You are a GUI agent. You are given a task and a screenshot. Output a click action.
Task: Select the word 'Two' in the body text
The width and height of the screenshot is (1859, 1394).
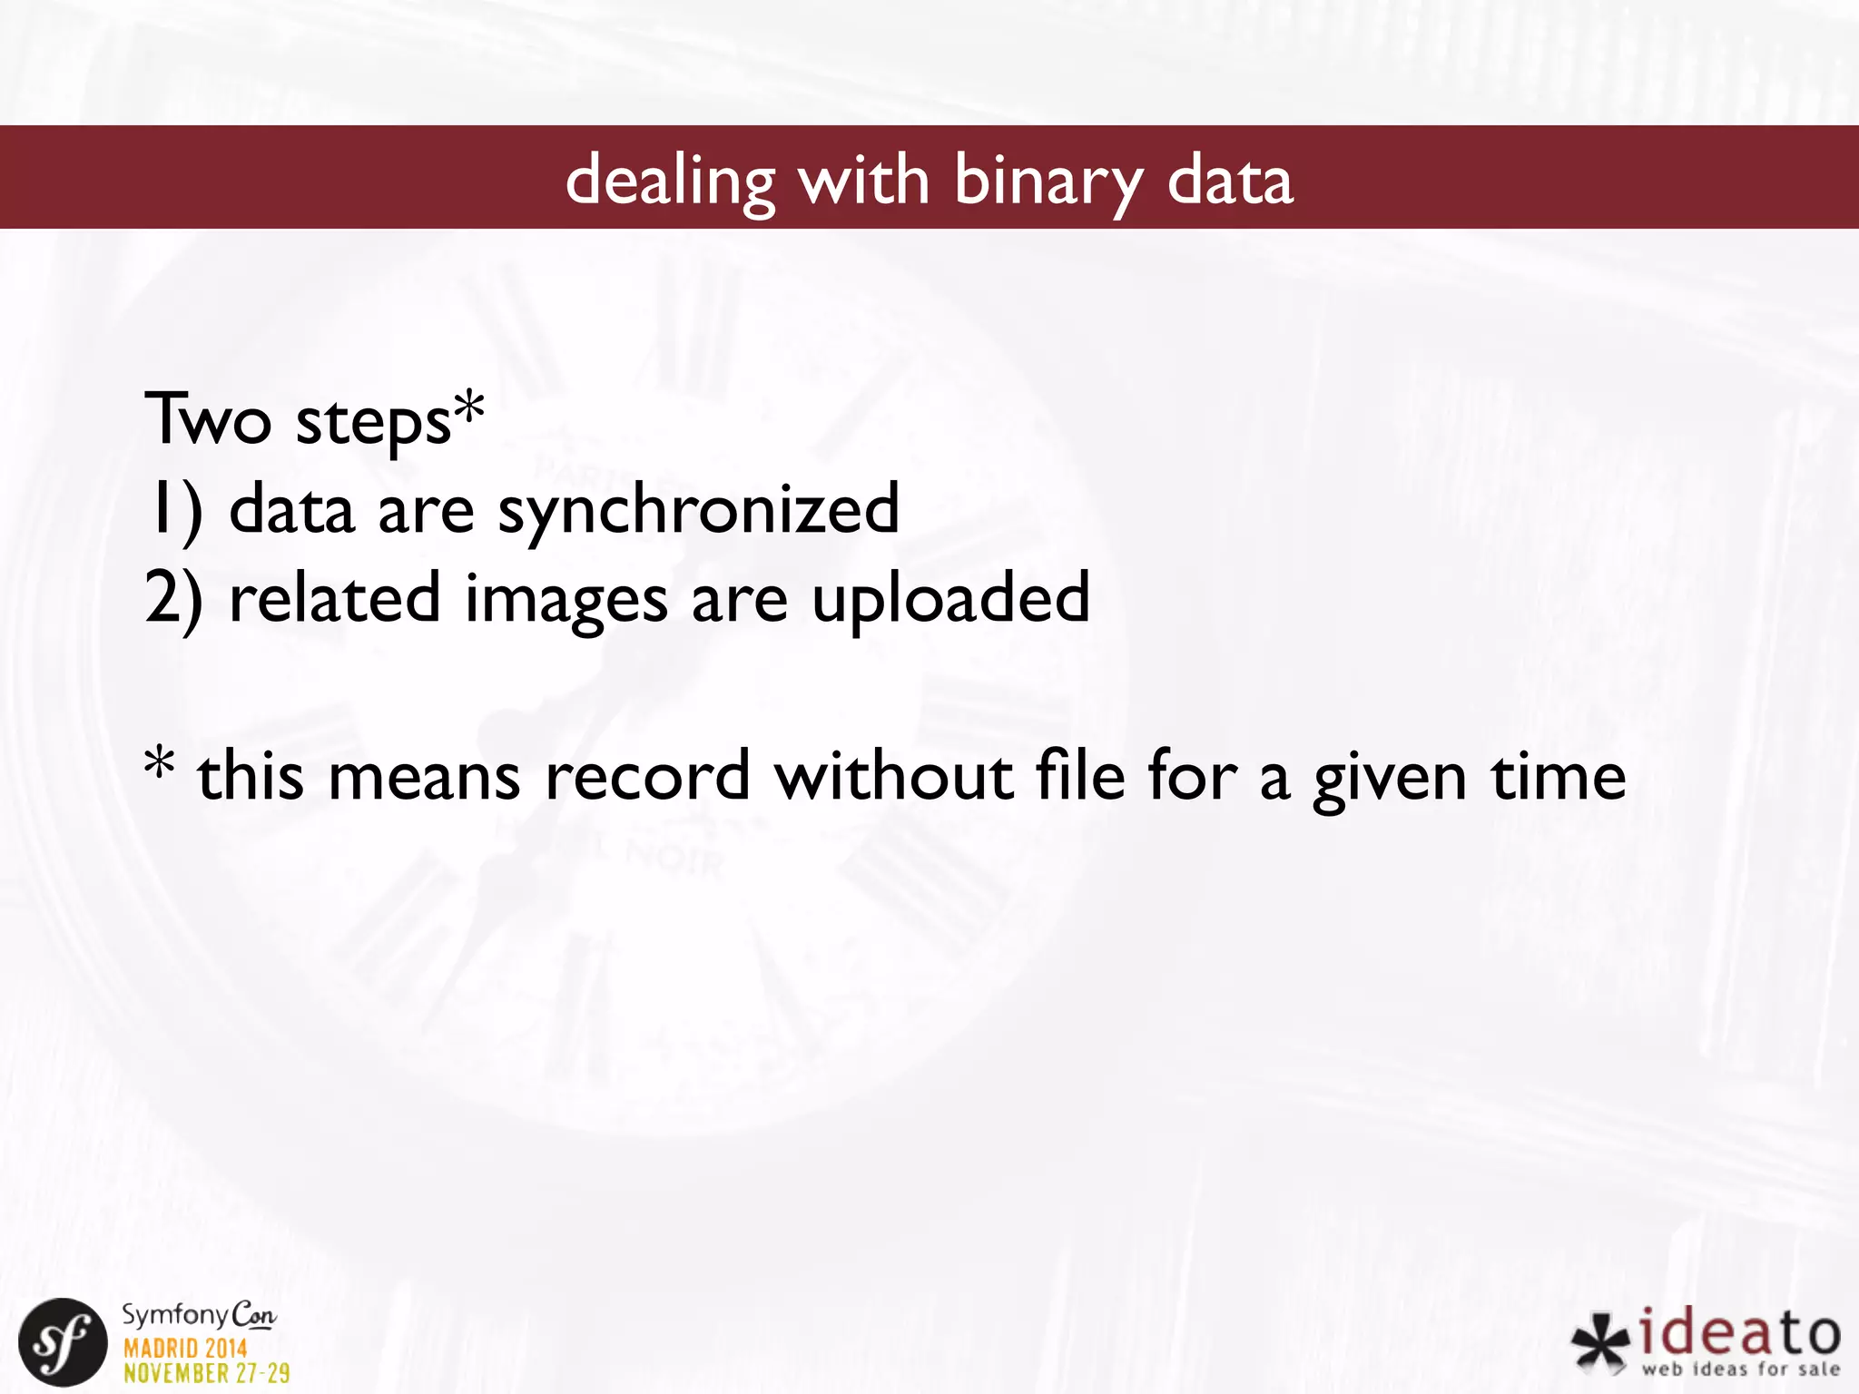(x=208, y=418)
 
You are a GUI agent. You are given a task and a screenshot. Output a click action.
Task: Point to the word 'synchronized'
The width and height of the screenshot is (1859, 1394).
(x=699, y=510)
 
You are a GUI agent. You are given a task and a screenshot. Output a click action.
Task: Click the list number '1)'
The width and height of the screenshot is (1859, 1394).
(x=175, y=510)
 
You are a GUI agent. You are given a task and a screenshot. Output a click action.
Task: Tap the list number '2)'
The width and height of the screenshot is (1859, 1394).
(x=173, y=598)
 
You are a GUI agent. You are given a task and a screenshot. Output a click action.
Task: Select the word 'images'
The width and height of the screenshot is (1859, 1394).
(x=566, y=600)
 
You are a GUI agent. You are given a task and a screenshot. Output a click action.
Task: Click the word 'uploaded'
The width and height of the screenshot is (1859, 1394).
(x=950, y=600)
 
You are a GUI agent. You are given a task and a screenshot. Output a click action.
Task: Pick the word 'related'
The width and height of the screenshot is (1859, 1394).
(x=335, y=598)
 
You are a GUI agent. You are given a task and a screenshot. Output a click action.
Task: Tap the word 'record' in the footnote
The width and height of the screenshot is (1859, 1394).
(x=647, y=777)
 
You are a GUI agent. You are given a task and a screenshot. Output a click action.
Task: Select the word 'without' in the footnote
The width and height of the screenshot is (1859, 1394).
(x=893, y=777)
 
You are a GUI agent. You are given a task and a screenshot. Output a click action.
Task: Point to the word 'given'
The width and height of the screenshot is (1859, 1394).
(x=1390, y=779)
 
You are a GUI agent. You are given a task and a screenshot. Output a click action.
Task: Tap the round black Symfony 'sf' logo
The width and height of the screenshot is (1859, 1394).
(x=63, y=1342)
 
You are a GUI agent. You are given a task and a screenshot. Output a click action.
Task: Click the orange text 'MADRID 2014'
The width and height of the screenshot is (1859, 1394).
(x=185, y=1347)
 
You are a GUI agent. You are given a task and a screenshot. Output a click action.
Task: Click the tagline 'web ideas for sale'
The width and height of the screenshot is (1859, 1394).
(x=1741, y=1369)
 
